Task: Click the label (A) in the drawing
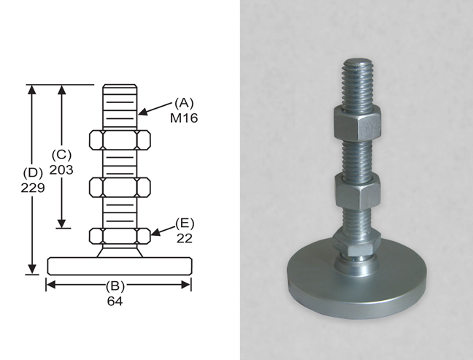coord(183,104)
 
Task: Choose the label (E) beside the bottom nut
coord(184,223)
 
